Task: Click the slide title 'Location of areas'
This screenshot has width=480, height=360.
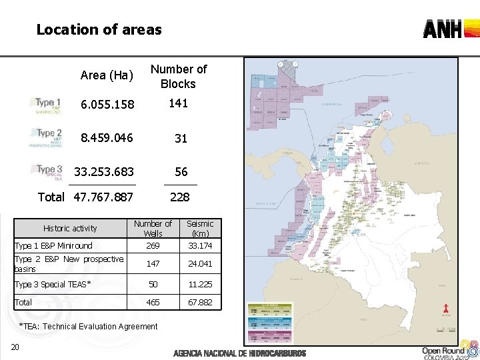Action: click(x=99, y=29)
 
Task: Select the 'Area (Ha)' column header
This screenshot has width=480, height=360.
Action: click(x=107, y=75)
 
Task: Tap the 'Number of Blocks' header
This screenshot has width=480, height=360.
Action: click(x=178, y=76)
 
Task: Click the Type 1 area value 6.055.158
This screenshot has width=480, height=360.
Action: click(x=107, y=105)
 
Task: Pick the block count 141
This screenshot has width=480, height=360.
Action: click(x=178, y=103)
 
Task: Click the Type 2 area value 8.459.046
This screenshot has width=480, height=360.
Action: click(x=107, y=139)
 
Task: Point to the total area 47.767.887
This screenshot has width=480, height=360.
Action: click(x=103, y=197)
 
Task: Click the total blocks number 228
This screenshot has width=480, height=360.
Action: click(x=179, y=197)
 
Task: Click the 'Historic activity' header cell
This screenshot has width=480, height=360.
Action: click(x=70, y=228)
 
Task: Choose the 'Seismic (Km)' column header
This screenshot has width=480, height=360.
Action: click(x=200, y=228)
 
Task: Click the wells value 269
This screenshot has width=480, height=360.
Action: click(x=153, y=246)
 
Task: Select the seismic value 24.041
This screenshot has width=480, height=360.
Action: click(x=200, y=263)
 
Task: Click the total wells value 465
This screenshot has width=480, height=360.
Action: click(x=153, y=303)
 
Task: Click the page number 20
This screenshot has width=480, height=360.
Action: click(x=15, y=346)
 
